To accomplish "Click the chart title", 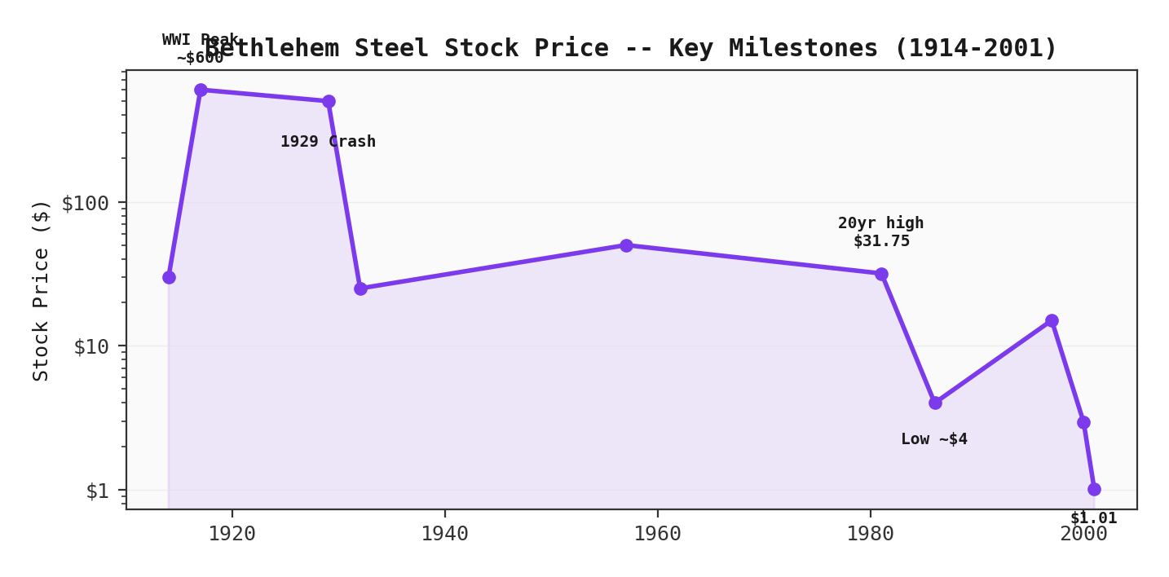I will pyautogui.click(x=630, y=48).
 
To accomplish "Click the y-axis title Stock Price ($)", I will pyautogui.click(x=41, y=290).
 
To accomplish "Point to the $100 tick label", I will pyautogui.click(x=85, y=203).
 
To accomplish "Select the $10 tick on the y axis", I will pyautogui.click(x=90, y=346).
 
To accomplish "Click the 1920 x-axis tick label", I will pyautogui.click(x=232, y=534).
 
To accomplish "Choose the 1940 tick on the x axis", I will pyautogui.click(x=444, y=534).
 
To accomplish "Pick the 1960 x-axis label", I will pyautogui.click(x=657, y=534).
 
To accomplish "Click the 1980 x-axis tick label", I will pyautogui.click(x=870, y=534).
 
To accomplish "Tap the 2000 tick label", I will pyautogui.click(x=1083, y=534).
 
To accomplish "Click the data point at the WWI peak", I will pyautogui.click(x=201, y=90).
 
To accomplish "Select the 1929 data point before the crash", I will pyautogui.click(x=329, y=101).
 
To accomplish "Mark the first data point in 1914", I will pyautogui.click(x=169, y=277).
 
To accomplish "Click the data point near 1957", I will pyautogui.click(x=626, y=245).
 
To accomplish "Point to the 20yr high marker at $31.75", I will pyautogui.click(x=881, y=274).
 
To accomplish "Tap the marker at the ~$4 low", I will pyautogui.click(x=935, y=403).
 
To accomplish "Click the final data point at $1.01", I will pyautogui.click(x=1094, y=489).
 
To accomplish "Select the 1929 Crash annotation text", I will pyautogui.click(x=328, y=142).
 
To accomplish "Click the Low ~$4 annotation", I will pyautogui.click(x=934, y=439).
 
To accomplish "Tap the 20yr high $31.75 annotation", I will pyautogui.click(x=881, y=232).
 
